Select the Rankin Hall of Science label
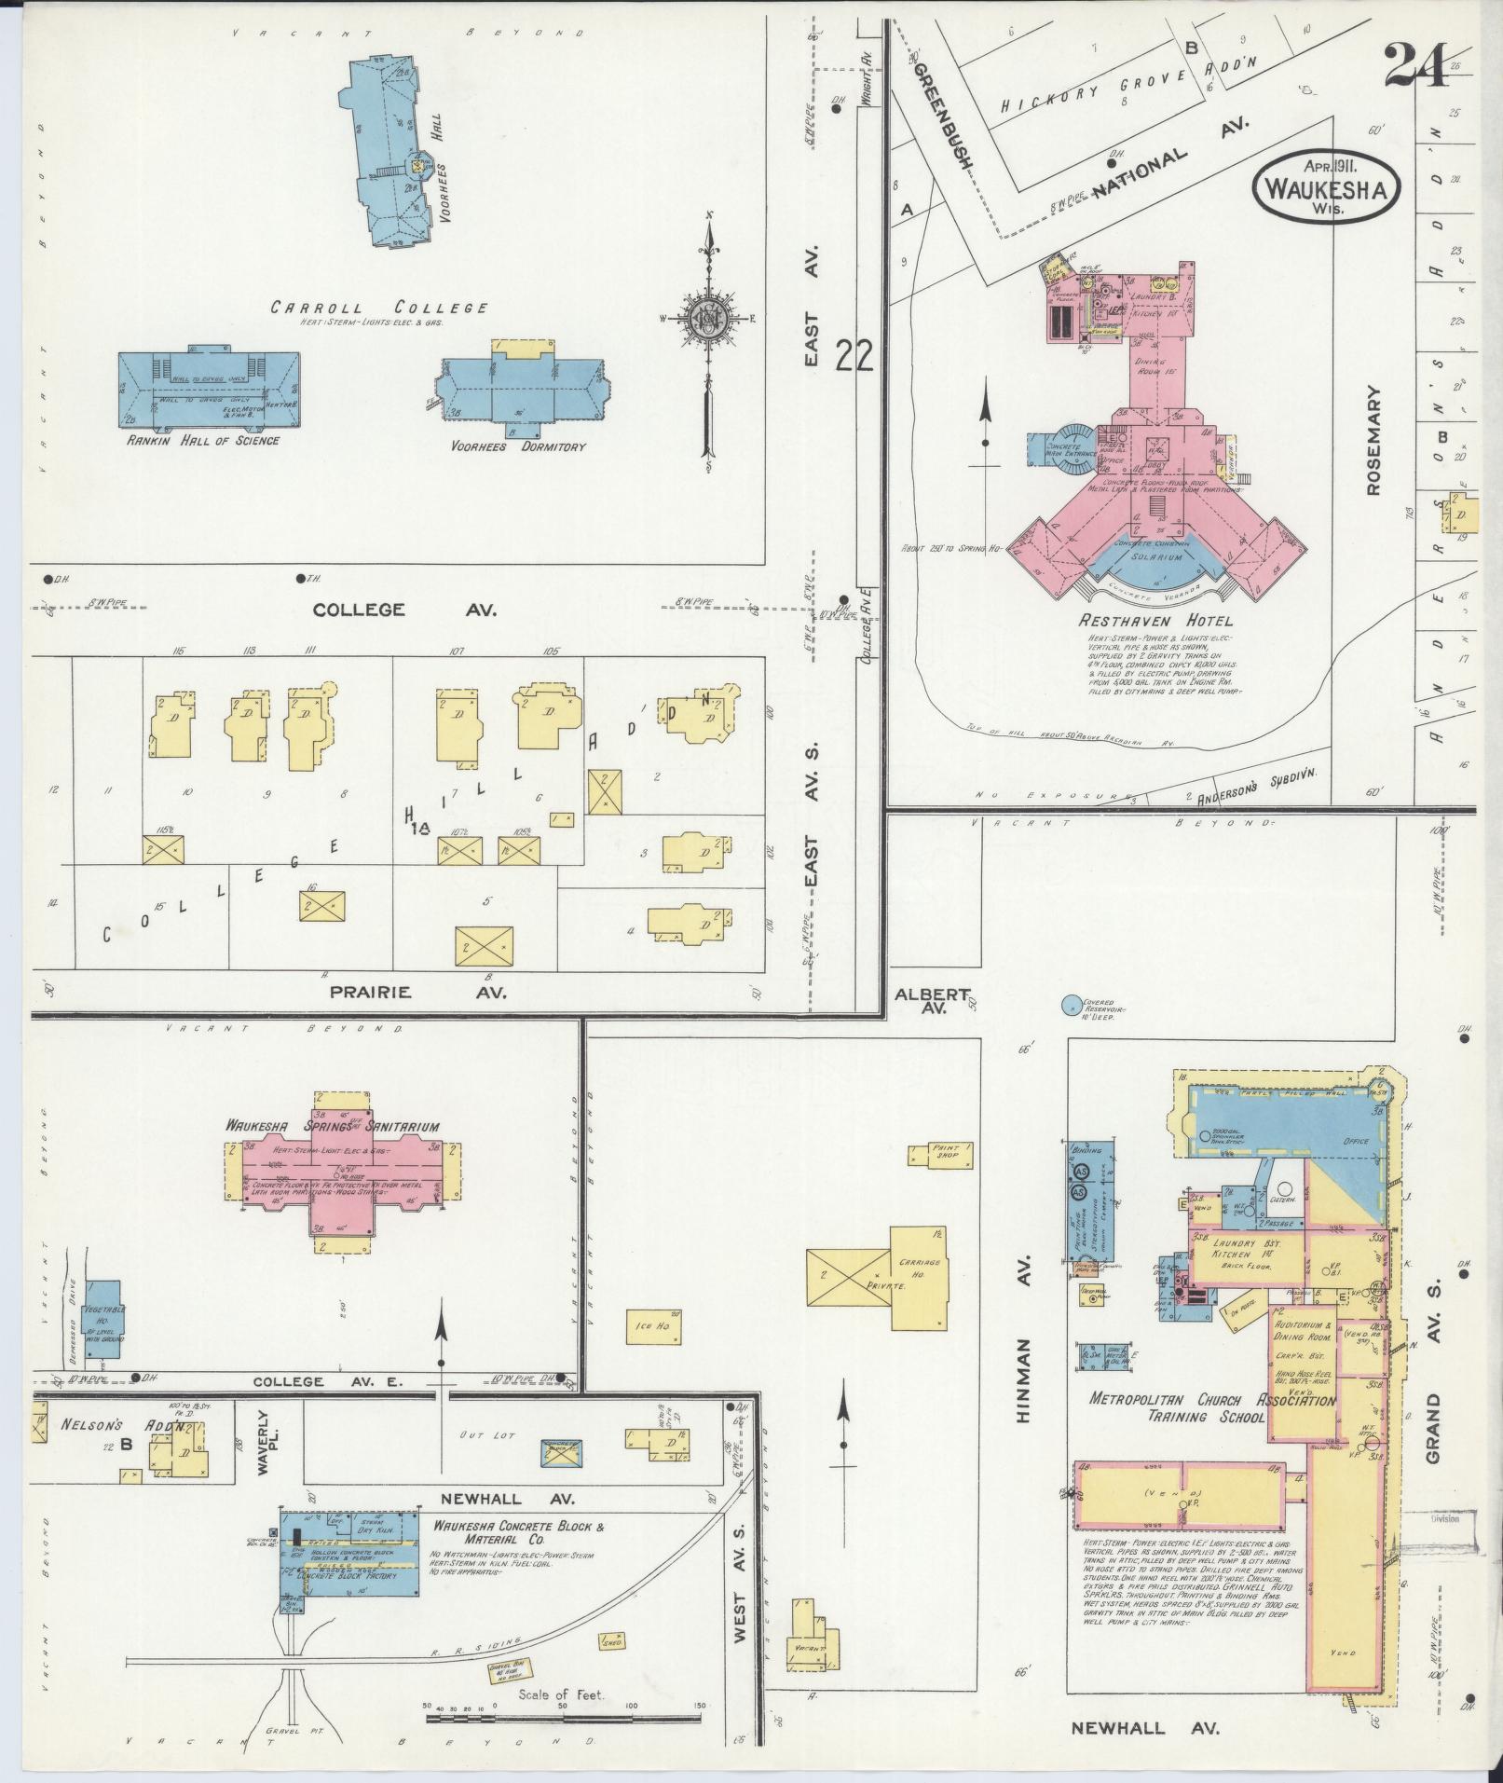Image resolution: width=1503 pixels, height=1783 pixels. pos(202,441)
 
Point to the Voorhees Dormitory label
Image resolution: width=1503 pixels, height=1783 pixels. pos(518,446)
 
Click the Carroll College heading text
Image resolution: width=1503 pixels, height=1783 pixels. pos(379,307)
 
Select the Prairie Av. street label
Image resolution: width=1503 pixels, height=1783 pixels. pos(418,992)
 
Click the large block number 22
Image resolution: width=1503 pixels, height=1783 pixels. pos(854,355)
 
